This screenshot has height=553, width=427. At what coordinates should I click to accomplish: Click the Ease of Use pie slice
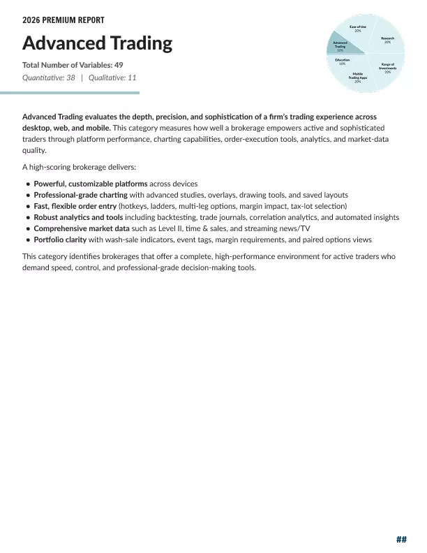[x=357, y=29]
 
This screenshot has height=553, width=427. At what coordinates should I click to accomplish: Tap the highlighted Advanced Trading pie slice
[x=340, y=47]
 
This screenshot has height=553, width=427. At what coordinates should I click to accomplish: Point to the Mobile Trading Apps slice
[x=357, y=77]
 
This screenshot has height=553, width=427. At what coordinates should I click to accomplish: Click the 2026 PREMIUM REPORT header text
[x=63, y=21]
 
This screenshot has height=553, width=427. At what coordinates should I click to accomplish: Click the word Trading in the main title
[x=140, y=43]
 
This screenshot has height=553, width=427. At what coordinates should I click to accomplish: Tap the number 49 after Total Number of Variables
[x=119, y=65]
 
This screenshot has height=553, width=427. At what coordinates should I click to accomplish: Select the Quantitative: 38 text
[x=49, y=78]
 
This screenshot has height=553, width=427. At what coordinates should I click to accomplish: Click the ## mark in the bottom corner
[x=401, y=539]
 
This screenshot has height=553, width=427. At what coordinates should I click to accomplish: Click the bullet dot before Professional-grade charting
[x=28, y=196]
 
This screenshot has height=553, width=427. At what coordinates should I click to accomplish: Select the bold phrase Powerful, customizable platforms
[x=90, y=184]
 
